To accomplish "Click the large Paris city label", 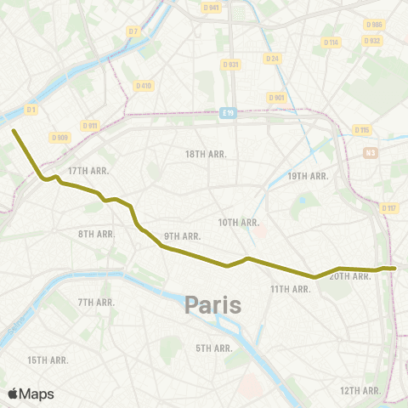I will click(212, 303).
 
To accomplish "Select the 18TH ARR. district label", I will click(203, 154).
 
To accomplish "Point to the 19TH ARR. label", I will click(308, 176).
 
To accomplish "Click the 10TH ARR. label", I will click(238, 223).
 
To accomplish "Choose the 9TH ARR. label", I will click(182, 235).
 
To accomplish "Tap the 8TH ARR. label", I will click(96, 234).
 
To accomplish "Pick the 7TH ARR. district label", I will click(96, 302).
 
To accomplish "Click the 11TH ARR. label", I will click(290, 290).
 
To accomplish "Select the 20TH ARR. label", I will click(348, 276).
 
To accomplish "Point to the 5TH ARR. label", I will click(214, 348).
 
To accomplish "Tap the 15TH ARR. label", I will click(48, 360).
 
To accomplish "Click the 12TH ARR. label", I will click(360, 390).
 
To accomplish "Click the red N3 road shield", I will click(370, 153).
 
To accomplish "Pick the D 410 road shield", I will click(143, 85).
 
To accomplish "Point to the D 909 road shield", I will click(59, 137).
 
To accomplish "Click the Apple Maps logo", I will click(31, 394).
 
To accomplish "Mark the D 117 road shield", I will click(389, 208).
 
